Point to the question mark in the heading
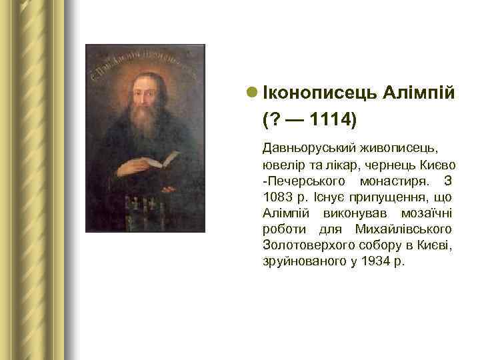275,121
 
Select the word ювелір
283,164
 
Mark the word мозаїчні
427,213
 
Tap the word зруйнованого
303,262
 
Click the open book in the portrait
161,159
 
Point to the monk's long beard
143,127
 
